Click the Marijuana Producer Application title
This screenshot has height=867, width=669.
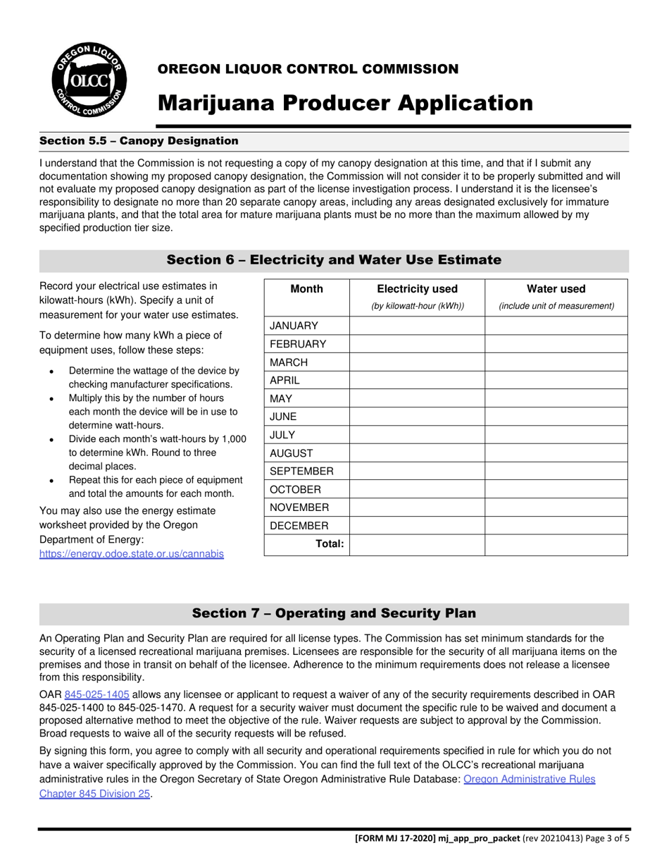344,103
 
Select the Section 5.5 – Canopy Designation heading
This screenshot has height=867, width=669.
139,141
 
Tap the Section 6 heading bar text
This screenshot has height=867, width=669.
334,260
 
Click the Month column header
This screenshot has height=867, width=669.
306,289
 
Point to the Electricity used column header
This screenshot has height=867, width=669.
417,289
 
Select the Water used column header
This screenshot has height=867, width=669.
556,289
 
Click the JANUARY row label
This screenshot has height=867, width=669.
294,326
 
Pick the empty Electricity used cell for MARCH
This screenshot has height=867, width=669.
417,362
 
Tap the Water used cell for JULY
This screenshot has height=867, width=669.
556,435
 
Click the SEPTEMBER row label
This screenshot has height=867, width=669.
302,472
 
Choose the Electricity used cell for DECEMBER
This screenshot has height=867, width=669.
417,526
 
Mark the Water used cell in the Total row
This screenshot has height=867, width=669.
556,544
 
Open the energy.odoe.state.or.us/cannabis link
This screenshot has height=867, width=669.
132,554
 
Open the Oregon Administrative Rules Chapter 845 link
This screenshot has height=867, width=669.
529,780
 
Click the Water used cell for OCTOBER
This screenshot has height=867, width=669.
556,489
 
